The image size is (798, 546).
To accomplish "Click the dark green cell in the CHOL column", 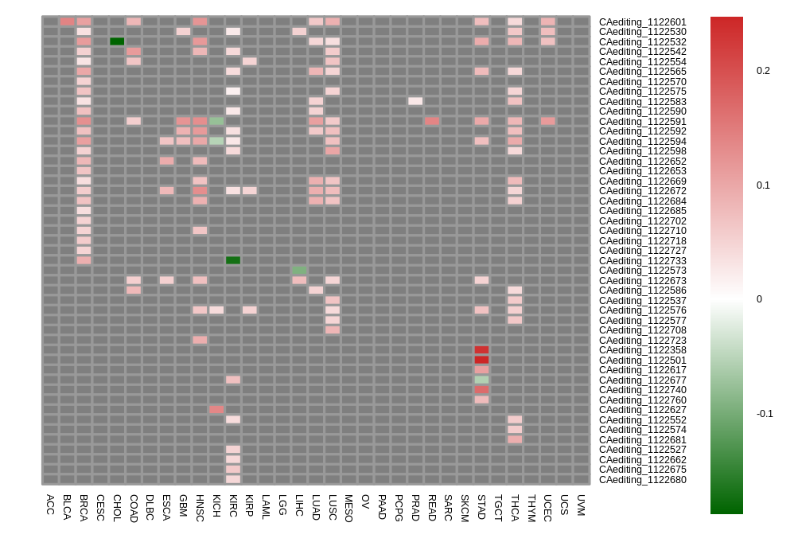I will [117, 41].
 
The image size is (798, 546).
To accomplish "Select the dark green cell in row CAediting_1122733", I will [233, 260].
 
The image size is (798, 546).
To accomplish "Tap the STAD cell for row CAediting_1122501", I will [481, 360].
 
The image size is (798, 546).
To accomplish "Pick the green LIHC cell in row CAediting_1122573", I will [299, 271].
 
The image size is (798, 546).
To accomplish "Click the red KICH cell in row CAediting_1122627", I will [216, 410].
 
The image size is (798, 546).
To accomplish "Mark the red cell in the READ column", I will [432, 121].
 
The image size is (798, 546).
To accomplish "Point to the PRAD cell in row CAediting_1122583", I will [415, 101].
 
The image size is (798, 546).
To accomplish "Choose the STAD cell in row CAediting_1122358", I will [481, 350].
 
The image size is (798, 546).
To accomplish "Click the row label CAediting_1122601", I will [642, 22].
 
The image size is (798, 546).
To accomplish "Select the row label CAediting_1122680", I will [642, 480].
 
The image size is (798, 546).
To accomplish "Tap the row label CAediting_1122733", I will [642, 261].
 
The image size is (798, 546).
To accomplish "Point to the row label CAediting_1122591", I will [642, 122].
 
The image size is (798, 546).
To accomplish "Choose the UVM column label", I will [581, 505].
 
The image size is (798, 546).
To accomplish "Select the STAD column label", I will [481, 506].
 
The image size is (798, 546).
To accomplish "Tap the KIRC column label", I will [233, 506].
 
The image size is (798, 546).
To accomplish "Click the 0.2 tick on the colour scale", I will [763, 71].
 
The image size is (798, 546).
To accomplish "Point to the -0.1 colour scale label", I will [764, 414].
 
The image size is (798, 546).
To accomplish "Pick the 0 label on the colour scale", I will [760, 299].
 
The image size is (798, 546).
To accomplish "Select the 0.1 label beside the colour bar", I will [763, 185].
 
